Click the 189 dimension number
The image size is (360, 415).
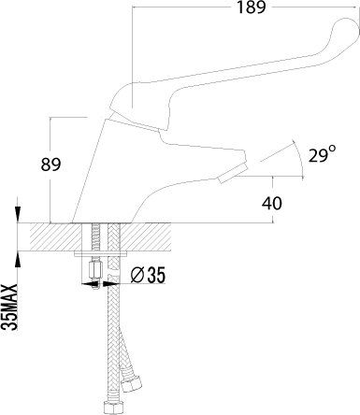pos(252,7)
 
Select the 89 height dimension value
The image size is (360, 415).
pos(50,165)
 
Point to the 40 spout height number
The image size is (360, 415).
pos(272,203)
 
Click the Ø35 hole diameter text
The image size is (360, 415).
pos(148,275)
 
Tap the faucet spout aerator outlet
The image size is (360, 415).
pos(233,174)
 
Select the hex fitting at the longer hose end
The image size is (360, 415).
pos(111,408)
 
